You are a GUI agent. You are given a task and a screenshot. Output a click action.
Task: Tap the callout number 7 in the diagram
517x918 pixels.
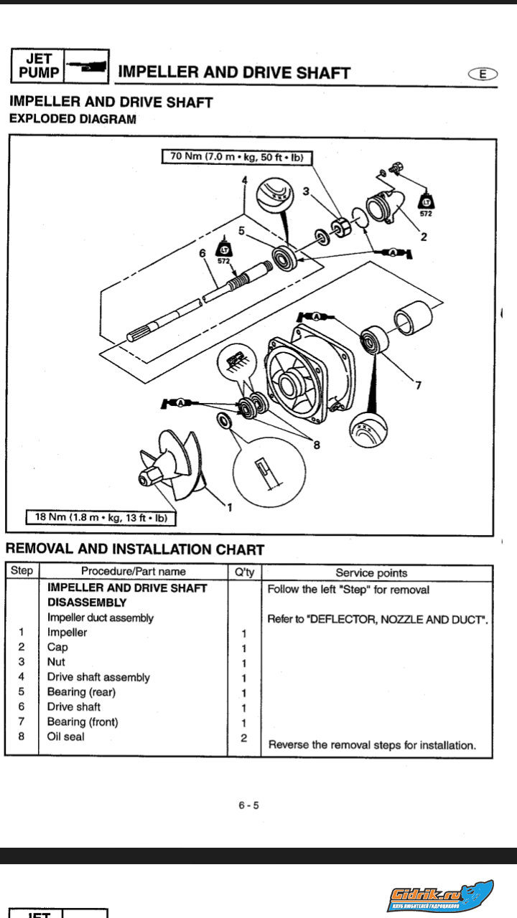tap(418, 386)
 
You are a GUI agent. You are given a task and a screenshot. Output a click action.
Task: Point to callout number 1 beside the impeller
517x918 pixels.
tap(229, 508)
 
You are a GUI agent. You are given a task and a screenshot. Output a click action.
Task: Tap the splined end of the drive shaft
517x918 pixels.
tap(141, 334)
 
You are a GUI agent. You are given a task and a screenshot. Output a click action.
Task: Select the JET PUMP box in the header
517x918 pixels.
tap(37, 66)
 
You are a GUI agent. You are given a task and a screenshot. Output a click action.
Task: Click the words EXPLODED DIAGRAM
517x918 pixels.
tap(72, 119)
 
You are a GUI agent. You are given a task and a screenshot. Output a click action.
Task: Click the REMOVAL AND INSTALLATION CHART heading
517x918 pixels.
tap(135, 550)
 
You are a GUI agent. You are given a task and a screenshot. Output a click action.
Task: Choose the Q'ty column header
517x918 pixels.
tap(244, 572)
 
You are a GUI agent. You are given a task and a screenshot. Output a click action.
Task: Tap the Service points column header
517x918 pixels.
tap(371, 572)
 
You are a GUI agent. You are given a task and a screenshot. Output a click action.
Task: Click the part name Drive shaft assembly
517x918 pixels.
tap(98, 677)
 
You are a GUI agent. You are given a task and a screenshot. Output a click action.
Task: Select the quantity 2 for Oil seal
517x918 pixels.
tap(244, 737)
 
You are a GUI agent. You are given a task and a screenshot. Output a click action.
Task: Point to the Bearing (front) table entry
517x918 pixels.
tap(83, 721)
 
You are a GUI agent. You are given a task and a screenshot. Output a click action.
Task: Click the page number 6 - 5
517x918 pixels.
tap(249, 805)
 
